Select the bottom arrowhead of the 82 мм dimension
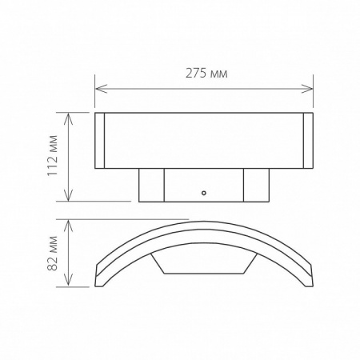[71, 284]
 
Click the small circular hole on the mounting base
[204, 193]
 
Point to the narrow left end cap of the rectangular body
[100, 141]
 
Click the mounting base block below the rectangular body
[204, 185]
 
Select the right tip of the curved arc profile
[312, 282]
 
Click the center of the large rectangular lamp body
[204, 141]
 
